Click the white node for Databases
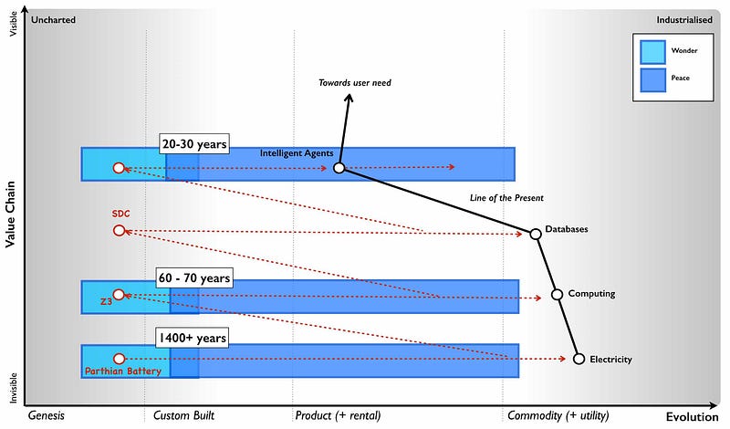click(x=536, y=234)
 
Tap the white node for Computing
click(x=557, y=295)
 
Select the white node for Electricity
click(x=579, y=359)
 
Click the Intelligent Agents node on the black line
click(x=339, y=168)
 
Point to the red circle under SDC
click(x=119, y=231)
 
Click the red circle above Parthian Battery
click(x=118, y=359)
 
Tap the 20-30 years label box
click(x=194, y=143)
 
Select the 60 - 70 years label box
click(x=194, y=277)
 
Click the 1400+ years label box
click(x=191, y=338)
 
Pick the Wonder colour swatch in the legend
click(x=652, y=50)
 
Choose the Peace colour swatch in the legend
click(x=652, y=79)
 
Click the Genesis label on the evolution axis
click(x=47, y=415)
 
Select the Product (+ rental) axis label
click(x=338, y=415)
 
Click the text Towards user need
click(x=355, y=83)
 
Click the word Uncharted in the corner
click(x=53, y=19)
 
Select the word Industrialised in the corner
click(x=684, y=19)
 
